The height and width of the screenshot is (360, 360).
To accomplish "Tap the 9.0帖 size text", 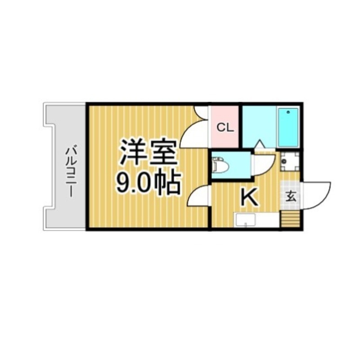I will point(148,183).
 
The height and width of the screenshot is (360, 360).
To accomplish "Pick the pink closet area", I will point(224,127).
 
